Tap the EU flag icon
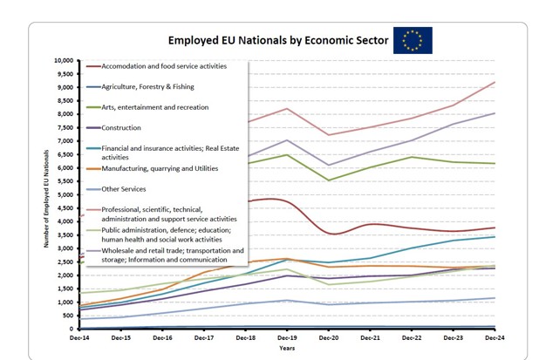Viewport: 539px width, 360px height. (413, 40)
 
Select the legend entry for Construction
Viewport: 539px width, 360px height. (120, 128)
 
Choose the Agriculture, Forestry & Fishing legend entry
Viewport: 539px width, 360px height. (147, 87)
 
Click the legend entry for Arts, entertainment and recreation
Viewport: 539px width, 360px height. (154, 107)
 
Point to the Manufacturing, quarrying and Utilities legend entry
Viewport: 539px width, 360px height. (160, 169)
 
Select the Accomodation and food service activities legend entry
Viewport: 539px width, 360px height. (164, 66)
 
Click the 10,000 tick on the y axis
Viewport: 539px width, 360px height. (64, 61)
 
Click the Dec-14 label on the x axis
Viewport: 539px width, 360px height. (80, 337)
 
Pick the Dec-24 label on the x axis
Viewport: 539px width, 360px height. (494, 337)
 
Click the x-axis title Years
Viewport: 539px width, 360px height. (287, 347)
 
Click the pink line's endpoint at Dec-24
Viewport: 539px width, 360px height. (495, 82)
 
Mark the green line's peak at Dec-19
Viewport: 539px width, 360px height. (287, 155)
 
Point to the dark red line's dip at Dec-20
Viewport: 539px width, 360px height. (329, 233)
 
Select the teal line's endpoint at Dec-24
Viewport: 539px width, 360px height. (495, 237)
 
